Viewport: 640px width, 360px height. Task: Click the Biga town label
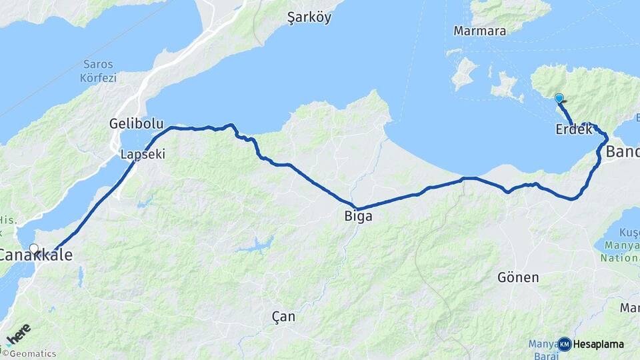[359, 217]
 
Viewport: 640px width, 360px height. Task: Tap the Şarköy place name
[309, 18]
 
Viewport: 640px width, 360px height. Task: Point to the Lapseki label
[143, 154]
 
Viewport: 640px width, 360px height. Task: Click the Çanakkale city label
[35, 255]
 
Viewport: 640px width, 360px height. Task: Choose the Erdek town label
[573, 130]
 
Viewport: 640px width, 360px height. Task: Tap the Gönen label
[518, 277]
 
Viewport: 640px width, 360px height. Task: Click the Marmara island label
[479, 31]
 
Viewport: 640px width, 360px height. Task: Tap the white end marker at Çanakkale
[33, 249]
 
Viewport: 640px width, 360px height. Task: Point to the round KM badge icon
[564, 344]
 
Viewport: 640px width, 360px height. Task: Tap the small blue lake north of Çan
[256, 245]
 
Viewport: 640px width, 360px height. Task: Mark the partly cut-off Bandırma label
[623, 153]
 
